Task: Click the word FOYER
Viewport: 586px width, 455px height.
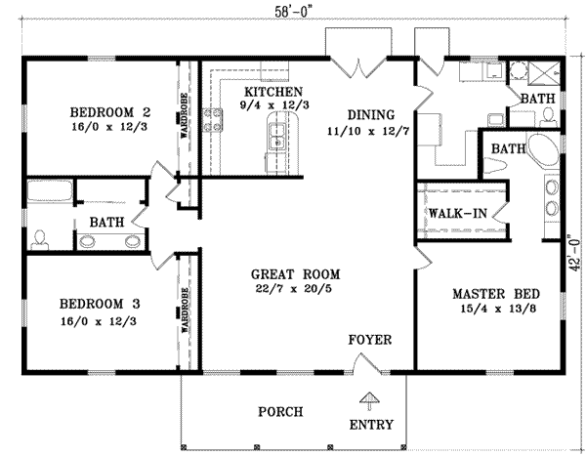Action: [x=370, y=340]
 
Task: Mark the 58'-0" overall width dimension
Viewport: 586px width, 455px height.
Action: [x=292, y=9]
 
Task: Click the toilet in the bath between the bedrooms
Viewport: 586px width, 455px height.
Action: [x=39, y=237]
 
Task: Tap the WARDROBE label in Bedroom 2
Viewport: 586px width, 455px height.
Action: [x=184, y=115]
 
